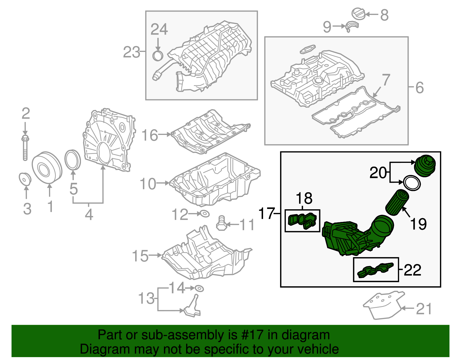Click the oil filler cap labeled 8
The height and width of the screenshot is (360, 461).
coord(358,14)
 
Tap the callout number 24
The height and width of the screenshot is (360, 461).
coord(159,29)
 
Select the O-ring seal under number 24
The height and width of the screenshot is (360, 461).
coord(158,56)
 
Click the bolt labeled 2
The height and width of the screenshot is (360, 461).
coord(25,148)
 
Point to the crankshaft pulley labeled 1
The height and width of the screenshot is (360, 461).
coord(46,167)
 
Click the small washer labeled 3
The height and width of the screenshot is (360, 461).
coord(25,178)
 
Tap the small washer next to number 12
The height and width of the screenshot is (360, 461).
coord(204,214)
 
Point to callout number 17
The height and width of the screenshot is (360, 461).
coord(267,213)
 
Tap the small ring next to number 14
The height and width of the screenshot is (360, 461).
coord(199,288)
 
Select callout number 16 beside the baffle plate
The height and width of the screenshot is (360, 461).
coord(150,135)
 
